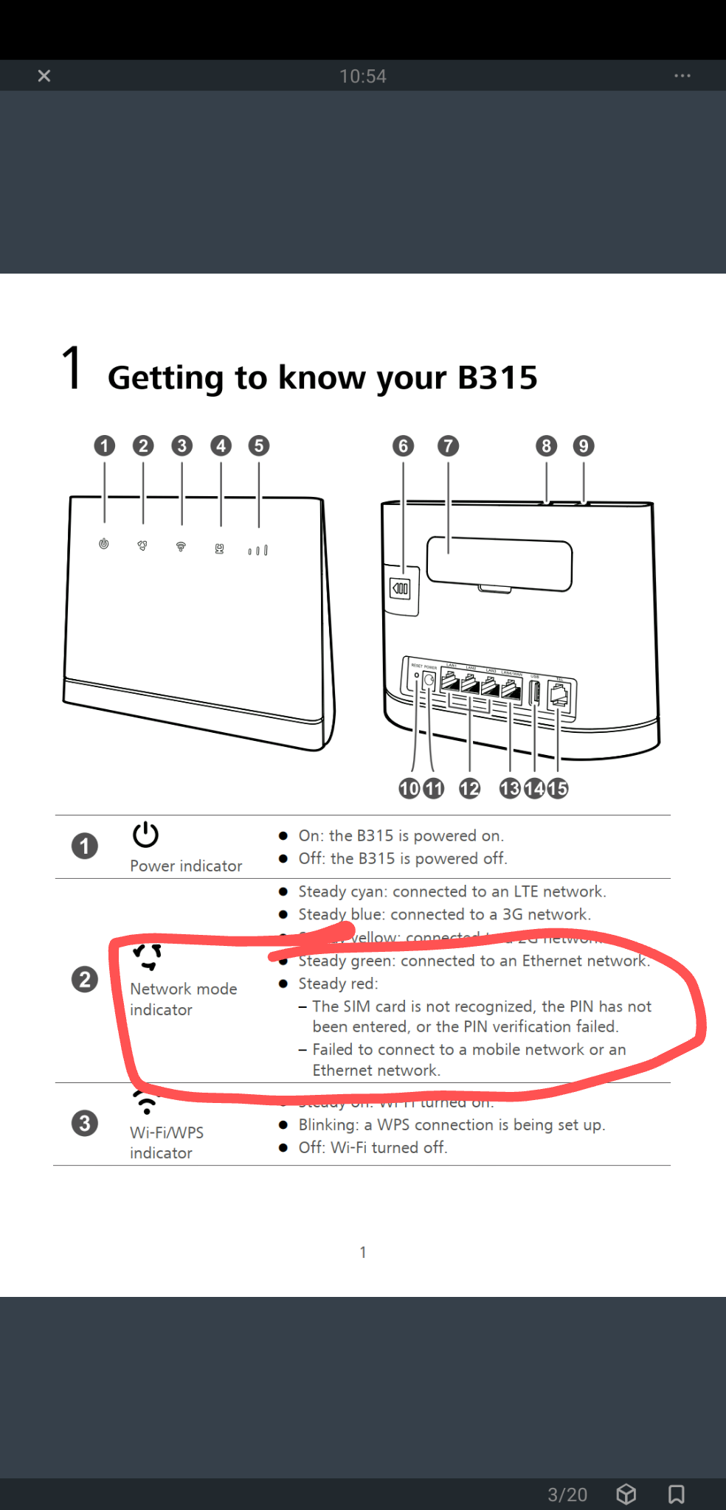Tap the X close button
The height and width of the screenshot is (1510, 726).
point(44,76)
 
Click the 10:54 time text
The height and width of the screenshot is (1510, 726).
point(362,77)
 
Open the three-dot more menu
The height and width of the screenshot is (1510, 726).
point(682,76)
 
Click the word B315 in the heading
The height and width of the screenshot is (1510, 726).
point(497,377)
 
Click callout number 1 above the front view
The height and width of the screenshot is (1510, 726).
point(105,445)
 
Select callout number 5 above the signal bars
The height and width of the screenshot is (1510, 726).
point(258,445)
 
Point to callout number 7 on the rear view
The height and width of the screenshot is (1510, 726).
point(448,445)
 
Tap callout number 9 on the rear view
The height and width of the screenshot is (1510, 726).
point(584,445)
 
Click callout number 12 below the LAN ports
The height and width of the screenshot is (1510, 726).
point(469,788)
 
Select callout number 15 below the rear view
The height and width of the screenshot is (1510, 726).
point(558,788)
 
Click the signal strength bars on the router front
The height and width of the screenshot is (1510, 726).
point(258,550)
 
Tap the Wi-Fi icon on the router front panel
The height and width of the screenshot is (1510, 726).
point(181,546)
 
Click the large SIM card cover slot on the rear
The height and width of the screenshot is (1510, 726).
point(499,564)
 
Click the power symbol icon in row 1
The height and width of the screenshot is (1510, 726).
point(145,835)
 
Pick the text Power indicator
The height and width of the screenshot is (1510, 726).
point(186,866)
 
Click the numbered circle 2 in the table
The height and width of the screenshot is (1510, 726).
point(85,979)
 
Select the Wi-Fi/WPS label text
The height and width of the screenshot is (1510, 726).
point(167,1132)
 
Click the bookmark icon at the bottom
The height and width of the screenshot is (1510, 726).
point(676,1494)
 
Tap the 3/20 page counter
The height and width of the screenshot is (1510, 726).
point(567,1495)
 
